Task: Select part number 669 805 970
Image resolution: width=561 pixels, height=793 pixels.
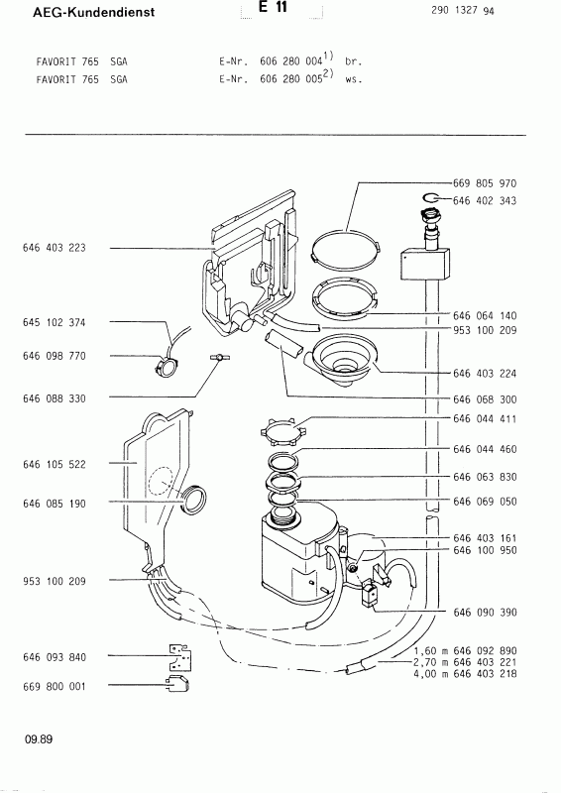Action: coord(485,184)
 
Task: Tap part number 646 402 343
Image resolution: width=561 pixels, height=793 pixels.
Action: coord(485,201)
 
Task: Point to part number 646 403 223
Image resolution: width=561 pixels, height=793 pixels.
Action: coord(54,248)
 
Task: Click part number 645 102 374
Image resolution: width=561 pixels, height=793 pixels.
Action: coord(54,322)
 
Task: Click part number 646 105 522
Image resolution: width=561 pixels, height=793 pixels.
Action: coord(54,463)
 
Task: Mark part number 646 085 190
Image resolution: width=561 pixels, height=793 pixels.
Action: coord(54,504)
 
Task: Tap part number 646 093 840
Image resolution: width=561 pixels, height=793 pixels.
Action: coord(54,656)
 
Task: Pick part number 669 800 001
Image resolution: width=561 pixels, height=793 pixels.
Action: coord(54,685)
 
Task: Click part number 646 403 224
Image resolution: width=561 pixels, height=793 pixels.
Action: coord(485,374)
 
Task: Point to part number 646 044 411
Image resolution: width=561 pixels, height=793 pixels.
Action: coord(485,419)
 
